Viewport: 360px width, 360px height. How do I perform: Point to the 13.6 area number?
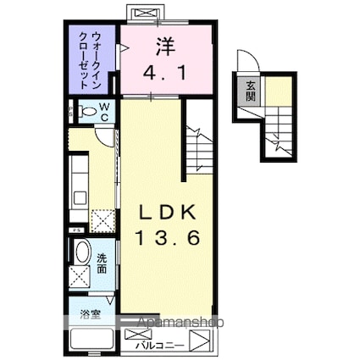pyautogui.click(x=168, y=240)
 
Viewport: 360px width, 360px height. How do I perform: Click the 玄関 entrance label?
pyautogui.click(x=252, y=91)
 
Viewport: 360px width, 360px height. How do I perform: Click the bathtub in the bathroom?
pyautogui.click(x=91, y=338)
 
